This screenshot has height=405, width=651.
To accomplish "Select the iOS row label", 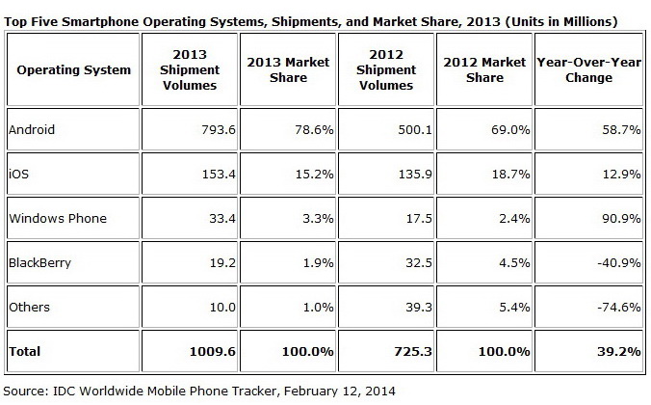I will point(16,173).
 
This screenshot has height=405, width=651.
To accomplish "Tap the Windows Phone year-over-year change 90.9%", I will point(621,218).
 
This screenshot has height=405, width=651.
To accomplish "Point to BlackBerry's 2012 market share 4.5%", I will point(508,263).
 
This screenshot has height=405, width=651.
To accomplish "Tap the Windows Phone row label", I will point(56,218).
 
